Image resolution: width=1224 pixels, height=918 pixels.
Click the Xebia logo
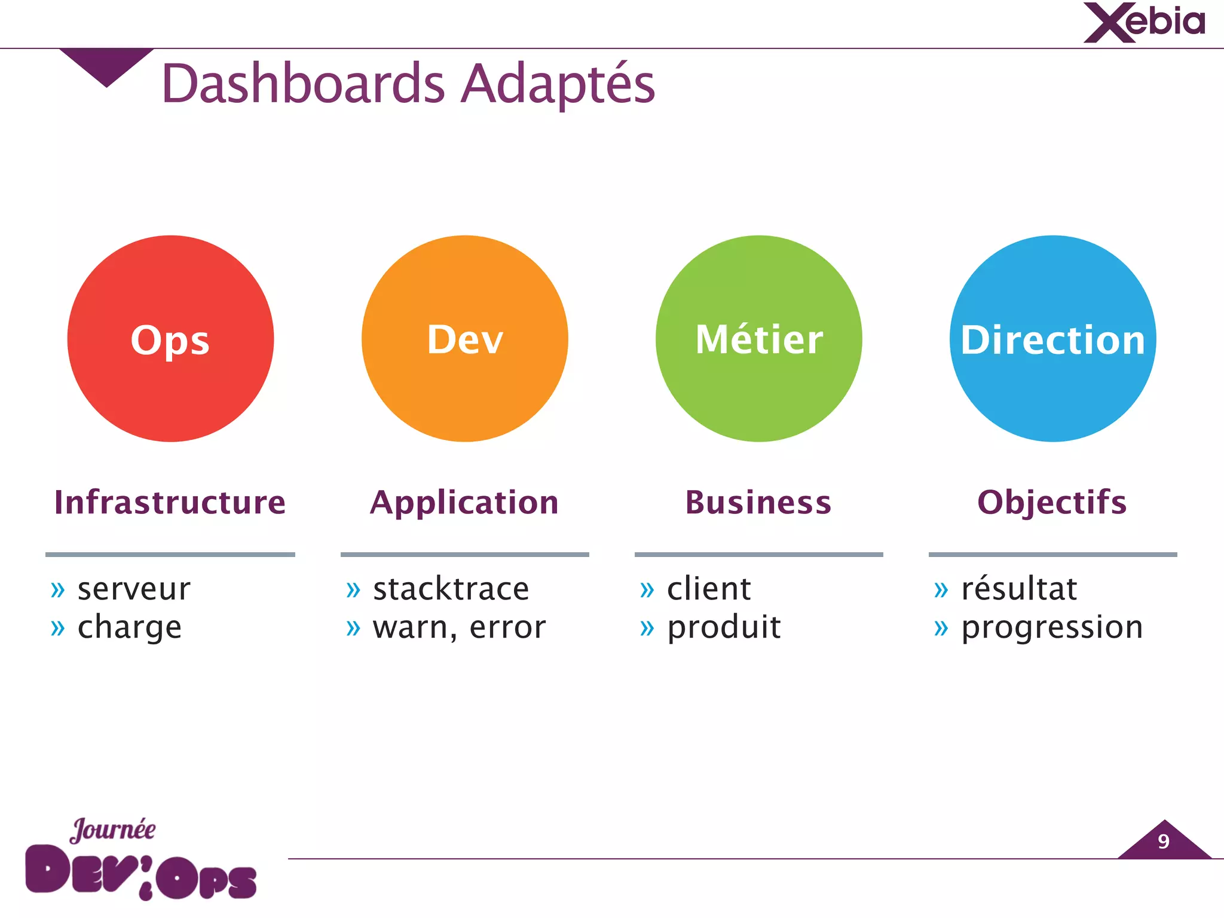pos(1144,23)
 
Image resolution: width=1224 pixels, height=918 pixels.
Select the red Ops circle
pos(170,339)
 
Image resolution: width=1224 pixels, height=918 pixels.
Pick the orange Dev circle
pos(464,339)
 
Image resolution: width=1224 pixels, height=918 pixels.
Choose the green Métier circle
pos(758,339)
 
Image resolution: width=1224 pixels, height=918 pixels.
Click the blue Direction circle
pos(1052,339)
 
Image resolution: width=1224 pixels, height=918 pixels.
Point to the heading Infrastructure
pos(170,502)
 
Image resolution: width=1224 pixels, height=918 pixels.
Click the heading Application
pos(464,502)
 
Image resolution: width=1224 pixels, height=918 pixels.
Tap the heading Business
pos(758,502)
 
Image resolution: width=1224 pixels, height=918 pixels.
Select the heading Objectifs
pos(1052,502)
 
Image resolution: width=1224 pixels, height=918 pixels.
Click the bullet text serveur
pos(134,589)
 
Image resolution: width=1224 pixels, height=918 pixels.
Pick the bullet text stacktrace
pos(451,589)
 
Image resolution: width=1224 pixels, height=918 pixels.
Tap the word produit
pos(724,628)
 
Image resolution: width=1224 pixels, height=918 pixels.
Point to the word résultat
pos(1019,589)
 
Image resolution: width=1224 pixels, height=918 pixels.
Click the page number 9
pos(1163,841)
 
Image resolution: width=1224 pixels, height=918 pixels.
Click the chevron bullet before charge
pos(57,629)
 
